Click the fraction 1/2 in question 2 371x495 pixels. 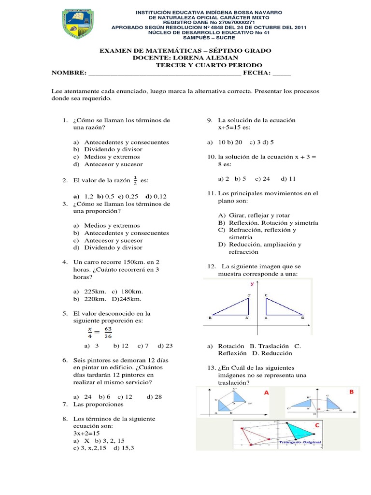coord(135,180)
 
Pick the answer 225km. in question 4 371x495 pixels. coord(95,291)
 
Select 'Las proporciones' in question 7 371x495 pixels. coord(98,404)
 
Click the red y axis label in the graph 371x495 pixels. coord(252,285)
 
